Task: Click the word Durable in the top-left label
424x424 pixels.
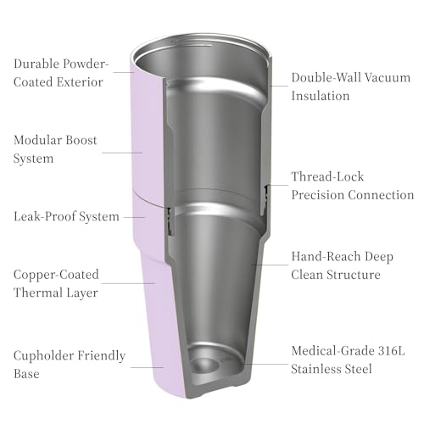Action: [x=36, y=64]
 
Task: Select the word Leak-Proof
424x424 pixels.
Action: [x=45, y=216]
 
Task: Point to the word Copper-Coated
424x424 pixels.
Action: [x=56, y=274]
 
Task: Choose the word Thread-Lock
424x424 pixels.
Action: [x=327, y=176]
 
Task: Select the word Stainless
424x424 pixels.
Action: [x=315, y=369]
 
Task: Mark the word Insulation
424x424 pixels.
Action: [x=321, y=96]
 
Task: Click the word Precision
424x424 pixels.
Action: [x=317, y=195]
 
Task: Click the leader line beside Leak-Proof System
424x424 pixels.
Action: [x=135, y=217]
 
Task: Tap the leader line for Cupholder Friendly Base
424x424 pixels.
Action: [x=148, y=367]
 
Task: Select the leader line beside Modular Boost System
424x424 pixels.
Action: [x=122, y=153]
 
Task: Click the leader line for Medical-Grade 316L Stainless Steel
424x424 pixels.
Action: [x=265, y=364]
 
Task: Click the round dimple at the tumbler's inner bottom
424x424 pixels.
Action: [x=205, y=365]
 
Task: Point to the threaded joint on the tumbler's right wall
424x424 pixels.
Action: [x=266, y=193]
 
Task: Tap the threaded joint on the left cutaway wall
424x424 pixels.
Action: [x=170, y=221]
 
